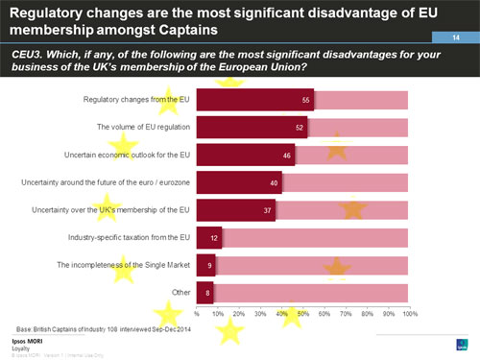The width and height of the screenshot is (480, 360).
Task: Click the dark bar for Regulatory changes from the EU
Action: [254, 100]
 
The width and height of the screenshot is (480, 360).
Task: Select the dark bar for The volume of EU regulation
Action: [252, 127]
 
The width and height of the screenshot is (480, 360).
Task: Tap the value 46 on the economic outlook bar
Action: [286, 155]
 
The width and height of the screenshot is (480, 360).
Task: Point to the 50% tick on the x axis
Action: [303, 313]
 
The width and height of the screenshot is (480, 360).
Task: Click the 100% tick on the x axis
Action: [409, 313]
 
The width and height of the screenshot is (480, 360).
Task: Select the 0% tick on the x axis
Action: [197, 313]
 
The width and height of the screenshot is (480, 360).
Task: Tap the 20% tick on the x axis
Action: [239, 313]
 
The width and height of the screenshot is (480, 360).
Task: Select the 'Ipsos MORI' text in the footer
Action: [26, 341]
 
